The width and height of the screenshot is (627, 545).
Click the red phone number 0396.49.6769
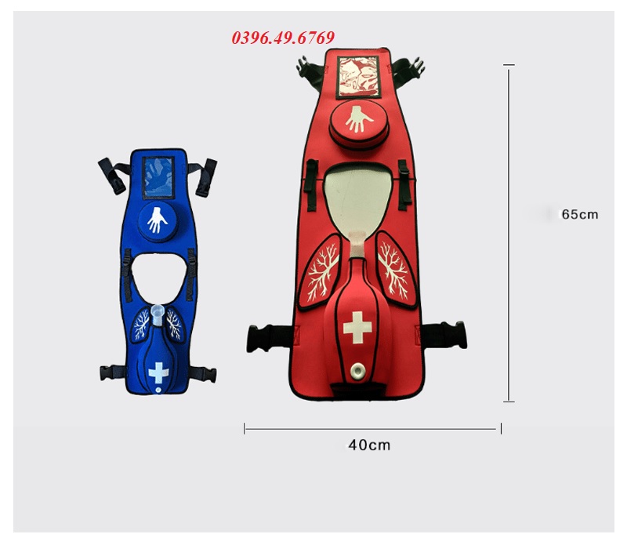pos(283,38)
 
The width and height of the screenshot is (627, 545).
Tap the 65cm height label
pos(580,215)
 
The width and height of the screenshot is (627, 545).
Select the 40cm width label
pos(369,445)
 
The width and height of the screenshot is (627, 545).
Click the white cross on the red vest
pos(357,327)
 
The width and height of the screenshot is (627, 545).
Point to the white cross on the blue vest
pos(158,372)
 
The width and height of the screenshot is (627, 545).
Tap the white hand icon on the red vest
pos(358,119)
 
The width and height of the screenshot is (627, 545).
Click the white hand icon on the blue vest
pos(158,220)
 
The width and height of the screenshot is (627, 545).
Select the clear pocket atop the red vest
pos(358,76)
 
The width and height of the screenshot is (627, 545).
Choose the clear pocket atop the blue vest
pos(158,177)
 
